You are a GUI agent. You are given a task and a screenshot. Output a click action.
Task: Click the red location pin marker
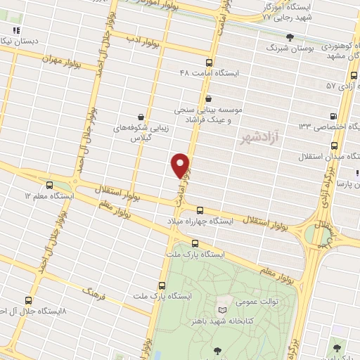tap(181, 165)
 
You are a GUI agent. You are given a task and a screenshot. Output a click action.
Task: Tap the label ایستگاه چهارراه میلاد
tap(236, 221)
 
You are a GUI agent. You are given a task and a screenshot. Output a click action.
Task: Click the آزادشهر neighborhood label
tap(259, 134)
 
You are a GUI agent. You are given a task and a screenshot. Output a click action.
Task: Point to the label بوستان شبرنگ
tap(289, 47)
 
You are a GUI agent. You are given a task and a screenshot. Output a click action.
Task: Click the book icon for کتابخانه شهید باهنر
tap(223, 310)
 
